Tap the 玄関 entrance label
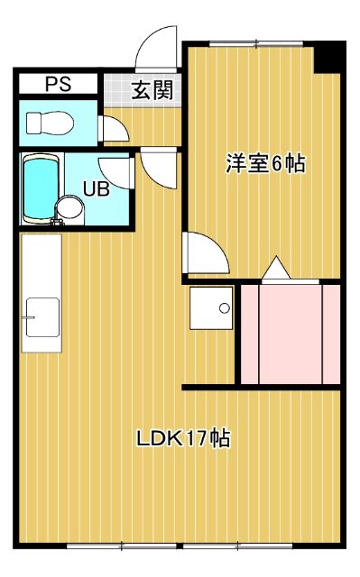click(149, 90)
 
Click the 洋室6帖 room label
click(264, 164)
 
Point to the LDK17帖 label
click(183, 439)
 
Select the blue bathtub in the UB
click(38, 188)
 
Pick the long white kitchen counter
click(42, 293)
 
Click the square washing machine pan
click(211, 310)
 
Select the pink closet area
click(289, 334)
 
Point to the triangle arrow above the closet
click(275, 269)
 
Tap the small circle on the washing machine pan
click(224, 308)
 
